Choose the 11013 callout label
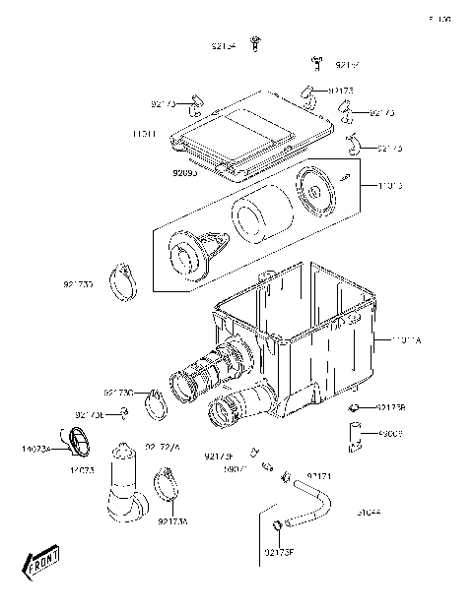pyautogui.click(x=389, y=184)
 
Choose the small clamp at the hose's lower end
pyautogui.click(x=279, y=524)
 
